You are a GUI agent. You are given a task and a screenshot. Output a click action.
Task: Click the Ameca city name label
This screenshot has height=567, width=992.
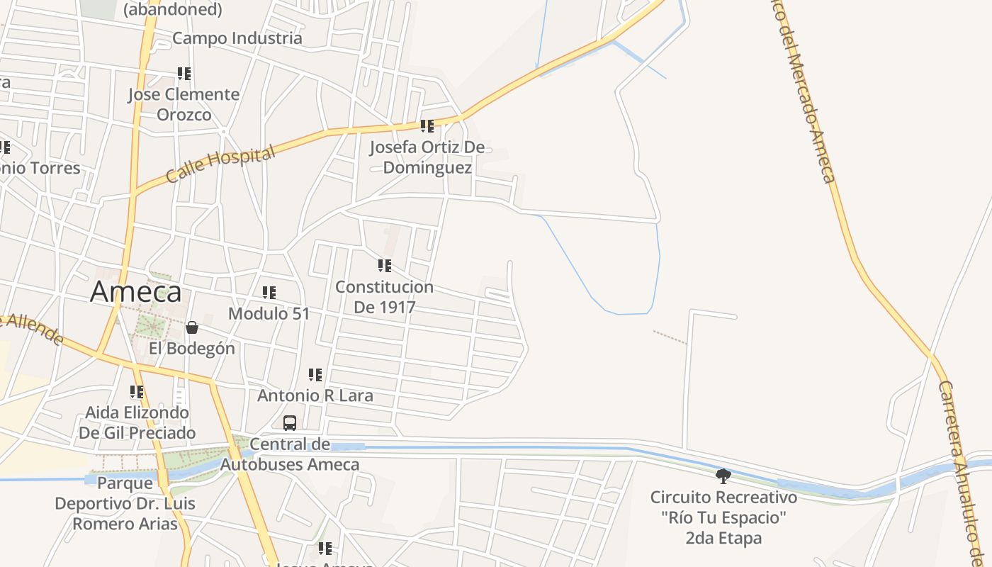[x=136, y=292]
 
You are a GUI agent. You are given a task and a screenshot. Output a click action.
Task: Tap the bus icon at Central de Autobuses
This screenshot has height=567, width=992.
[x=290, y=423]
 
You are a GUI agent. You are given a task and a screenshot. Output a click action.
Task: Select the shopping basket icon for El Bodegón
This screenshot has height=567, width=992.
[x=191, y=327]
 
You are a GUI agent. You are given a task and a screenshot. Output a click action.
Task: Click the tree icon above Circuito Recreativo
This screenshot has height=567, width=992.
[x=723, y=476]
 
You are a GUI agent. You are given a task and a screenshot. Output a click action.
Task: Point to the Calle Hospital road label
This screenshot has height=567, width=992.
[x=220, y=164]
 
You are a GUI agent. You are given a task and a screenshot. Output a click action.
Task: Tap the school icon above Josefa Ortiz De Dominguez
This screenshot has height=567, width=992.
[x=427, y=126]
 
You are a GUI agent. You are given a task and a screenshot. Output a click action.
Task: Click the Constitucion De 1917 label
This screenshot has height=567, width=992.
[x=384, y=297]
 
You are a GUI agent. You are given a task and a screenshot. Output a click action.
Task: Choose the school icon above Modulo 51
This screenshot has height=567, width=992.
[x=269, y=292]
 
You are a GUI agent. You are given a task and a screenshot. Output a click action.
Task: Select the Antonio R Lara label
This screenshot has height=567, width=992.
[x=315, y=395]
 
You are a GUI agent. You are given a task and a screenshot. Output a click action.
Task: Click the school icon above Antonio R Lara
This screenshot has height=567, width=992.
[x=315, y=374]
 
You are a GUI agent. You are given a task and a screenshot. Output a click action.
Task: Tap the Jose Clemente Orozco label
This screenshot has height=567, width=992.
[x=184, y=104]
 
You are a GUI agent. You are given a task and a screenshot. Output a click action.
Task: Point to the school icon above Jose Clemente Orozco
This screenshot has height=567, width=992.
[x=184, y=73]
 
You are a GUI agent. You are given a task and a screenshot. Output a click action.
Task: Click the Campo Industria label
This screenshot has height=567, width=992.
[x=237, y=38]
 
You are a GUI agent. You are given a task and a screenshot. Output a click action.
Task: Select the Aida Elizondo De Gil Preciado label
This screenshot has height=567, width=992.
[x=137, y=422]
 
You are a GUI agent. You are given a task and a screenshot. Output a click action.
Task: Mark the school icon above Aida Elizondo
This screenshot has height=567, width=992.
[x=137, y=391]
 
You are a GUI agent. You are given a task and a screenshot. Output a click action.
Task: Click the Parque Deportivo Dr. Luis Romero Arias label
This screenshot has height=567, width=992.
[x=125, y=504]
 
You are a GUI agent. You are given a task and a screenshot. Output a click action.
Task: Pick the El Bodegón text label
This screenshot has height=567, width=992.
[x=191, y=349]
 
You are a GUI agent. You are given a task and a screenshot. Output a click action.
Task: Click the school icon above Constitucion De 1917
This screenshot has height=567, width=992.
[x=385, y=266]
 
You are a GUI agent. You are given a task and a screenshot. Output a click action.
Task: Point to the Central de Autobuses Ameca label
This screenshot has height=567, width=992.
[x=290, y=455]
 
